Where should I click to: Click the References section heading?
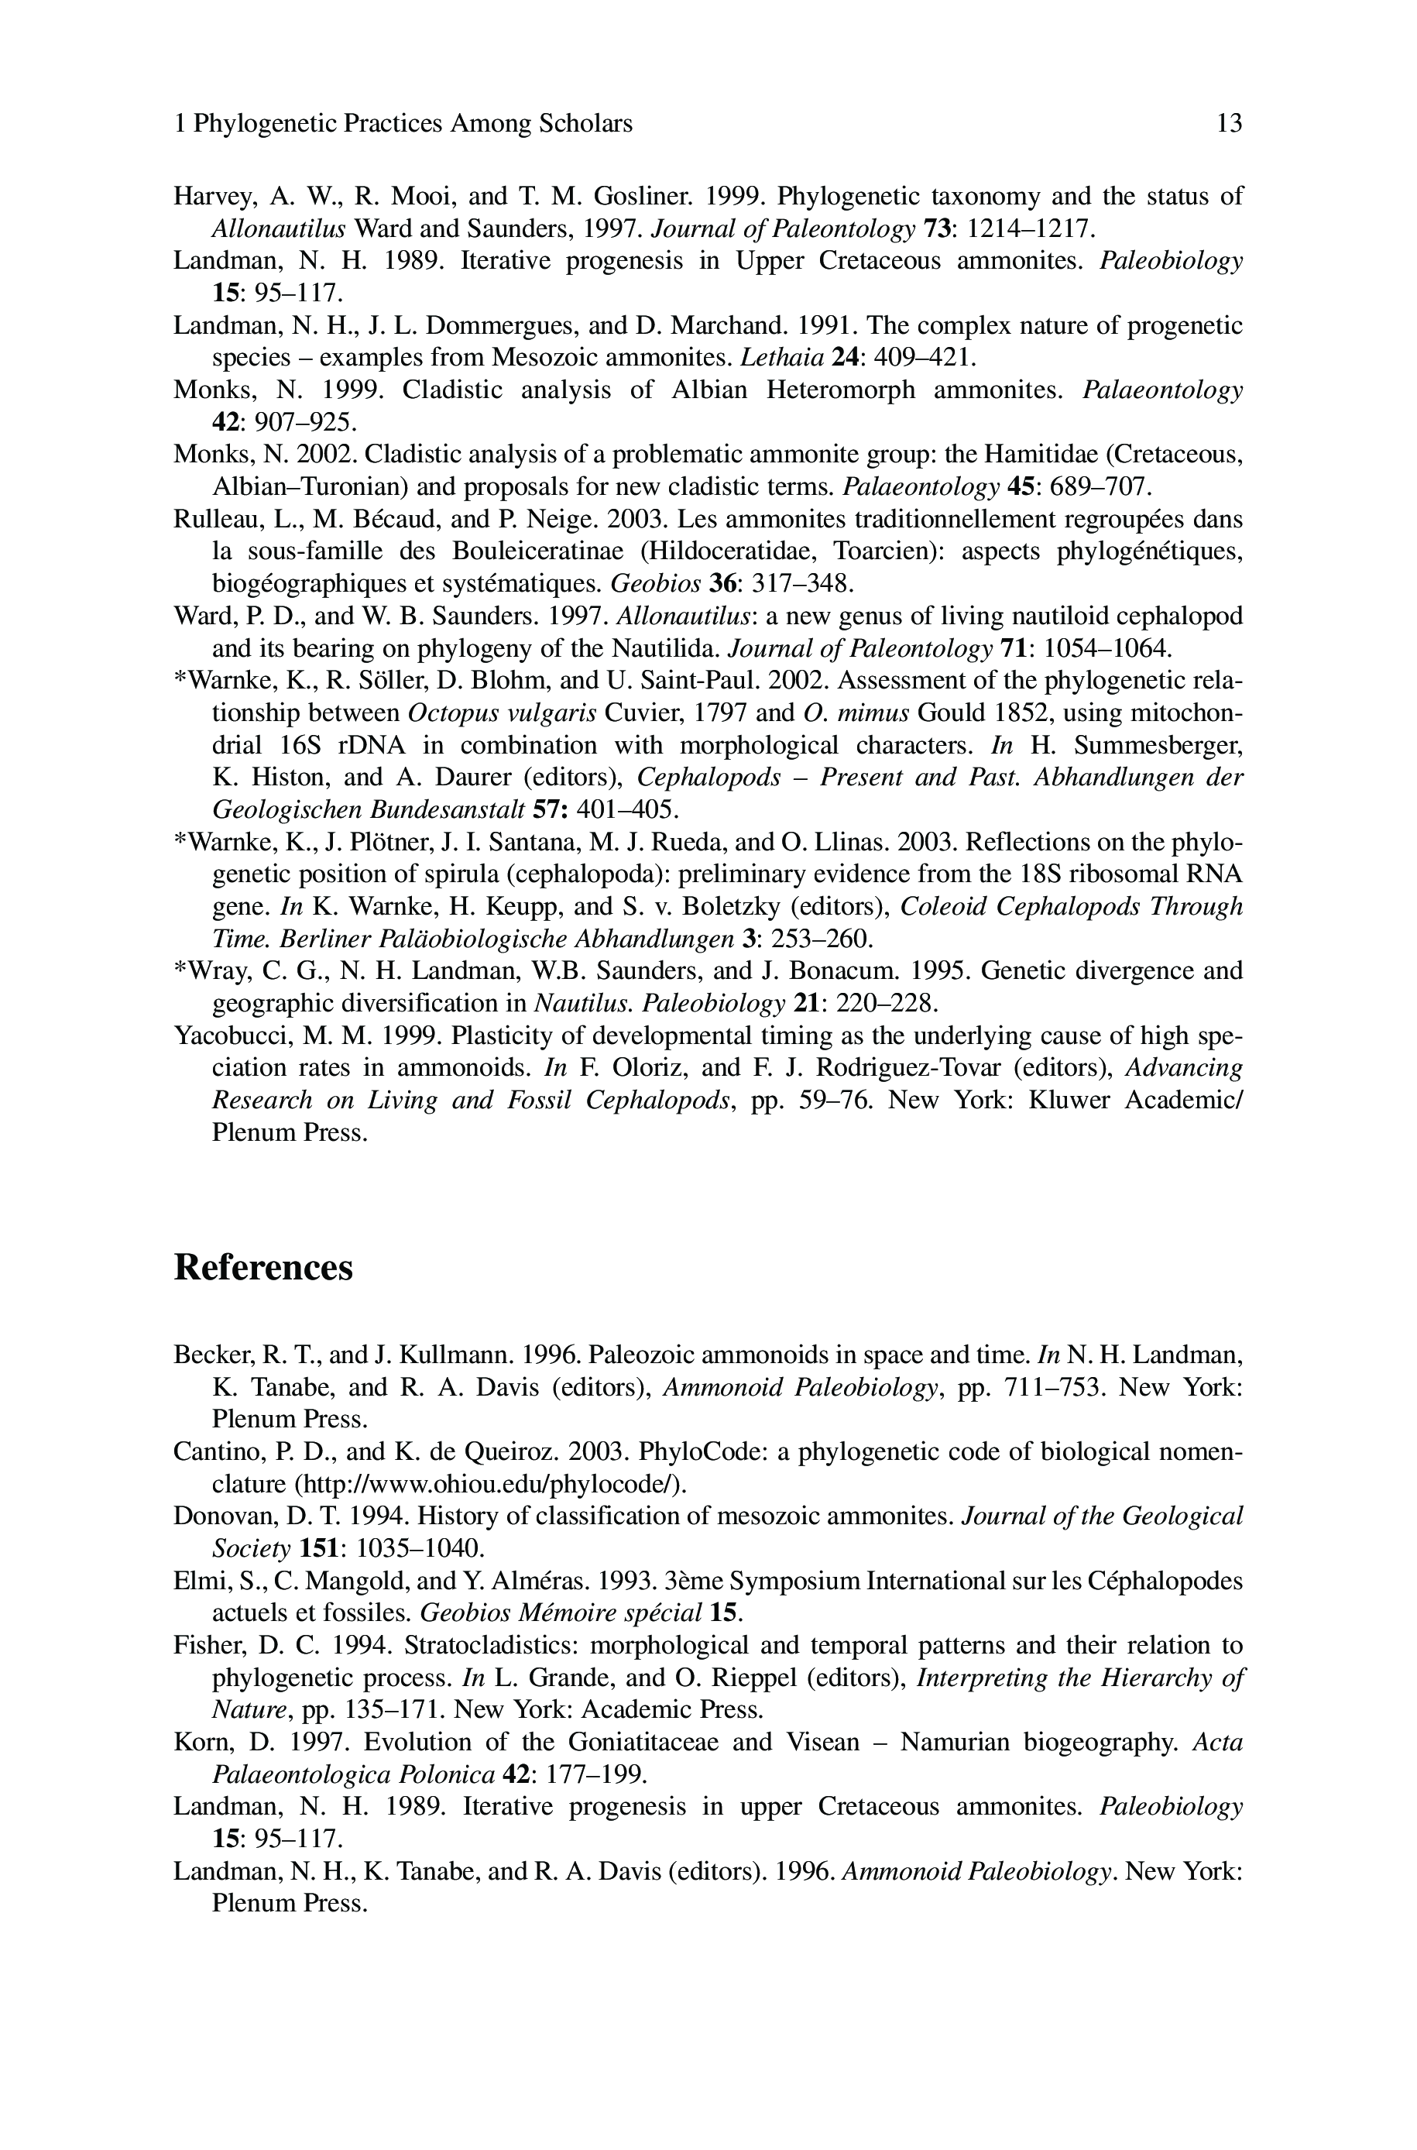[263, 1267]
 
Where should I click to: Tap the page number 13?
[1229, 124]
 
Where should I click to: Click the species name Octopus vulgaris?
[502, 714]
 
